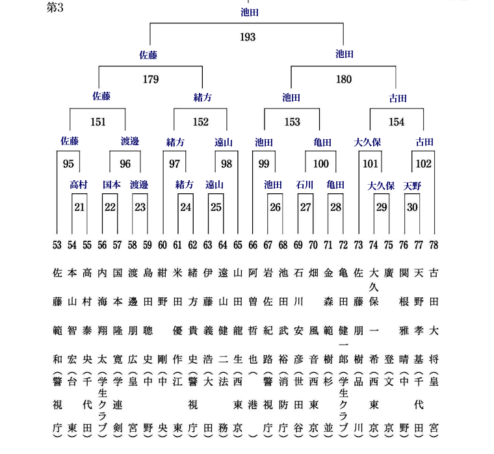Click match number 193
(248, 37)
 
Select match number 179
(151, 79)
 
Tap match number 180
(344, 79)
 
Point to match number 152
(201, 122)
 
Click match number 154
(396, 122)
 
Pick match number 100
(320, 164)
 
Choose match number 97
(174, 164)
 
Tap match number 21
(79, 207)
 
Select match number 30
(412, 207)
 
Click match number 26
(275, 207)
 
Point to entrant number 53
(57, 245)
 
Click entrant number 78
(434, 245)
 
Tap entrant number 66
(253, 245)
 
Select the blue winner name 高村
(79, 185)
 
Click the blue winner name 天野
(412, 186)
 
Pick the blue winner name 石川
(304, 185)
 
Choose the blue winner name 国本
(112, 185)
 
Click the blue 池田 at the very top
(250, 12)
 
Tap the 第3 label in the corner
(55, 8)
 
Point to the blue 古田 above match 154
(398, 99)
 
